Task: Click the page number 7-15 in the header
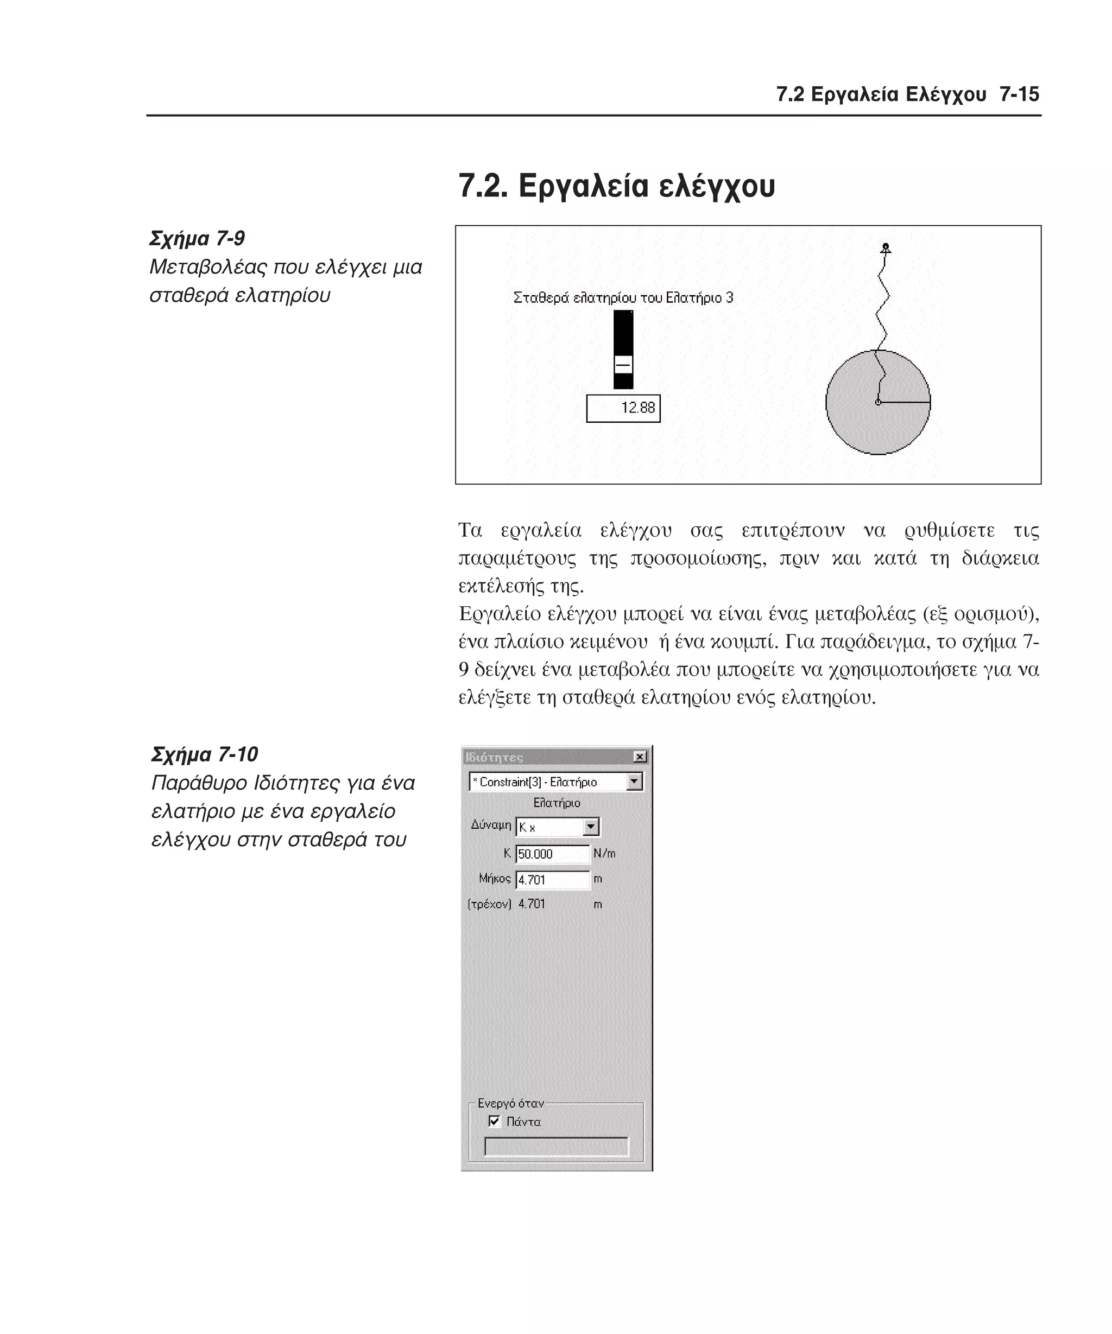(1018, 94)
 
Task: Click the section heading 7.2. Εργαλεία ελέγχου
(616, 186)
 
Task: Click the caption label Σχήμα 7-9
(197, 238)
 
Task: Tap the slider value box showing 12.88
(623, 408)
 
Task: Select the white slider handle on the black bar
(623, 365)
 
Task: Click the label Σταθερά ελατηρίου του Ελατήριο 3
(623, 298)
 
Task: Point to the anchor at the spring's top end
(885, 247)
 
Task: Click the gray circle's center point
(877, 402)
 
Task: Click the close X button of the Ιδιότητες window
(640, 757)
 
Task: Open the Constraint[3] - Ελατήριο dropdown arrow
(634, 782)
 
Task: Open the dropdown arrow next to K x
(590, 827)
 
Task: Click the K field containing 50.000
(551, 854)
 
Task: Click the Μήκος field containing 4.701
(551, 880)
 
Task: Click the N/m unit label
(604, 853)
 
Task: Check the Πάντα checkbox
(494, 1121)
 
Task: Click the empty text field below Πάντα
(556, 1147)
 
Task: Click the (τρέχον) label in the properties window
(489, 904)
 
